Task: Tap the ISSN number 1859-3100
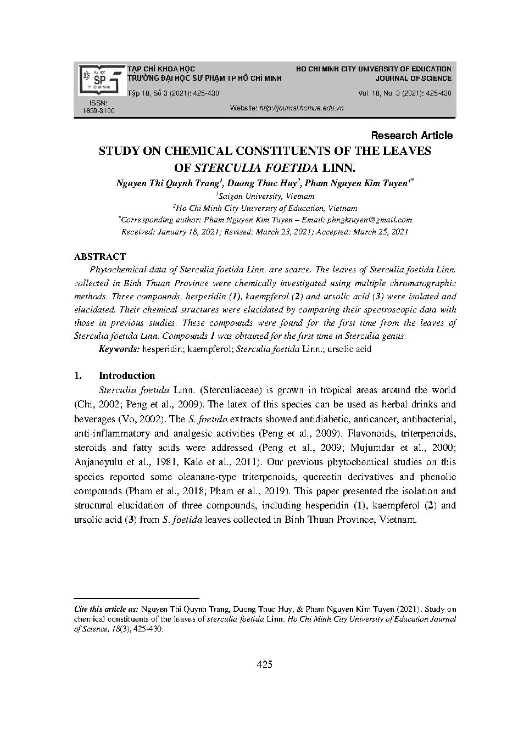point(99,111)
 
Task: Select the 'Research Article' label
point(412,135)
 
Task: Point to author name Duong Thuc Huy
point(262,183)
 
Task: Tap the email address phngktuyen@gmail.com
point(369,220)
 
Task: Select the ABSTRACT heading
point(100,256)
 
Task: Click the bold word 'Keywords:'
point(119,349)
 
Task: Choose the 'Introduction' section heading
point(126,376)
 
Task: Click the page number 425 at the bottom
point(264,664)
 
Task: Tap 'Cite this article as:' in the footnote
point(107,609)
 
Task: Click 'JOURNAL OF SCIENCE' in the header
point(413,79)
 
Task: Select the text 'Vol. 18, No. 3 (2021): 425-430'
point(404,93)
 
